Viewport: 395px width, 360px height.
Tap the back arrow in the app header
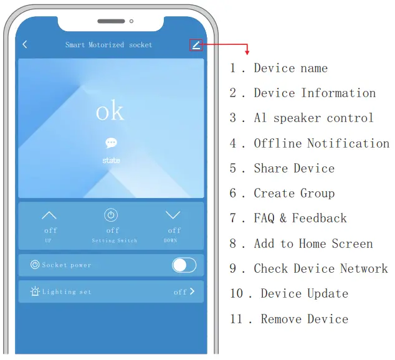(25, 45)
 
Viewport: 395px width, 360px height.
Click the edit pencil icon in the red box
(196, 45)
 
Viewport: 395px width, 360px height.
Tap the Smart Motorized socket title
(109, 45)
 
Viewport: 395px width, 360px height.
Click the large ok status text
(110, 111)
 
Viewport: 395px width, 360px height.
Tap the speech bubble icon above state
(111, 143)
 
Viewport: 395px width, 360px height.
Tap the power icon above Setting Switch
(111, 216)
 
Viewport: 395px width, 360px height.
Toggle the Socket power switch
(184, 265)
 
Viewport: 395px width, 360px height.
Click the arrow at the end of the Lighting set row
(192, 291)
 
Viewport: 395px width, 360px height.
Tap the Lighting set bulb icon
(35, 291)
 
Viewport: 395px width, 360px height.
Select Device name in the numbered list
(290, 69)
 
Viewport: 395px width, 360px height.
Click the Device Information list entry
(315, 93)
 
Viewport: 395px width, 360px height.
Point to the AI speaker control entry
(313, 118)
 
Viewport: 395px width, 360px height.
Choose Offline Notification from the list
(321, 143)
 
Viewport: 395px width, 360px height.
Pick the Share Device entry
(294, 168)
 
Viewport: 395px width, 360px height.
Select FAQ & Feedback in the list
(300, 219)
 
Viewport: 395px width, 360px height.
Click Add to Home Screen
(313, 244)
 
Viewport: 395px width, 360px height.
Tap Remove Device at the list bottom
(305, 319)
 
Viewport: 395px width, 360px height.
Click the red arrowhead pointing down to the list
(247, 52)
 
